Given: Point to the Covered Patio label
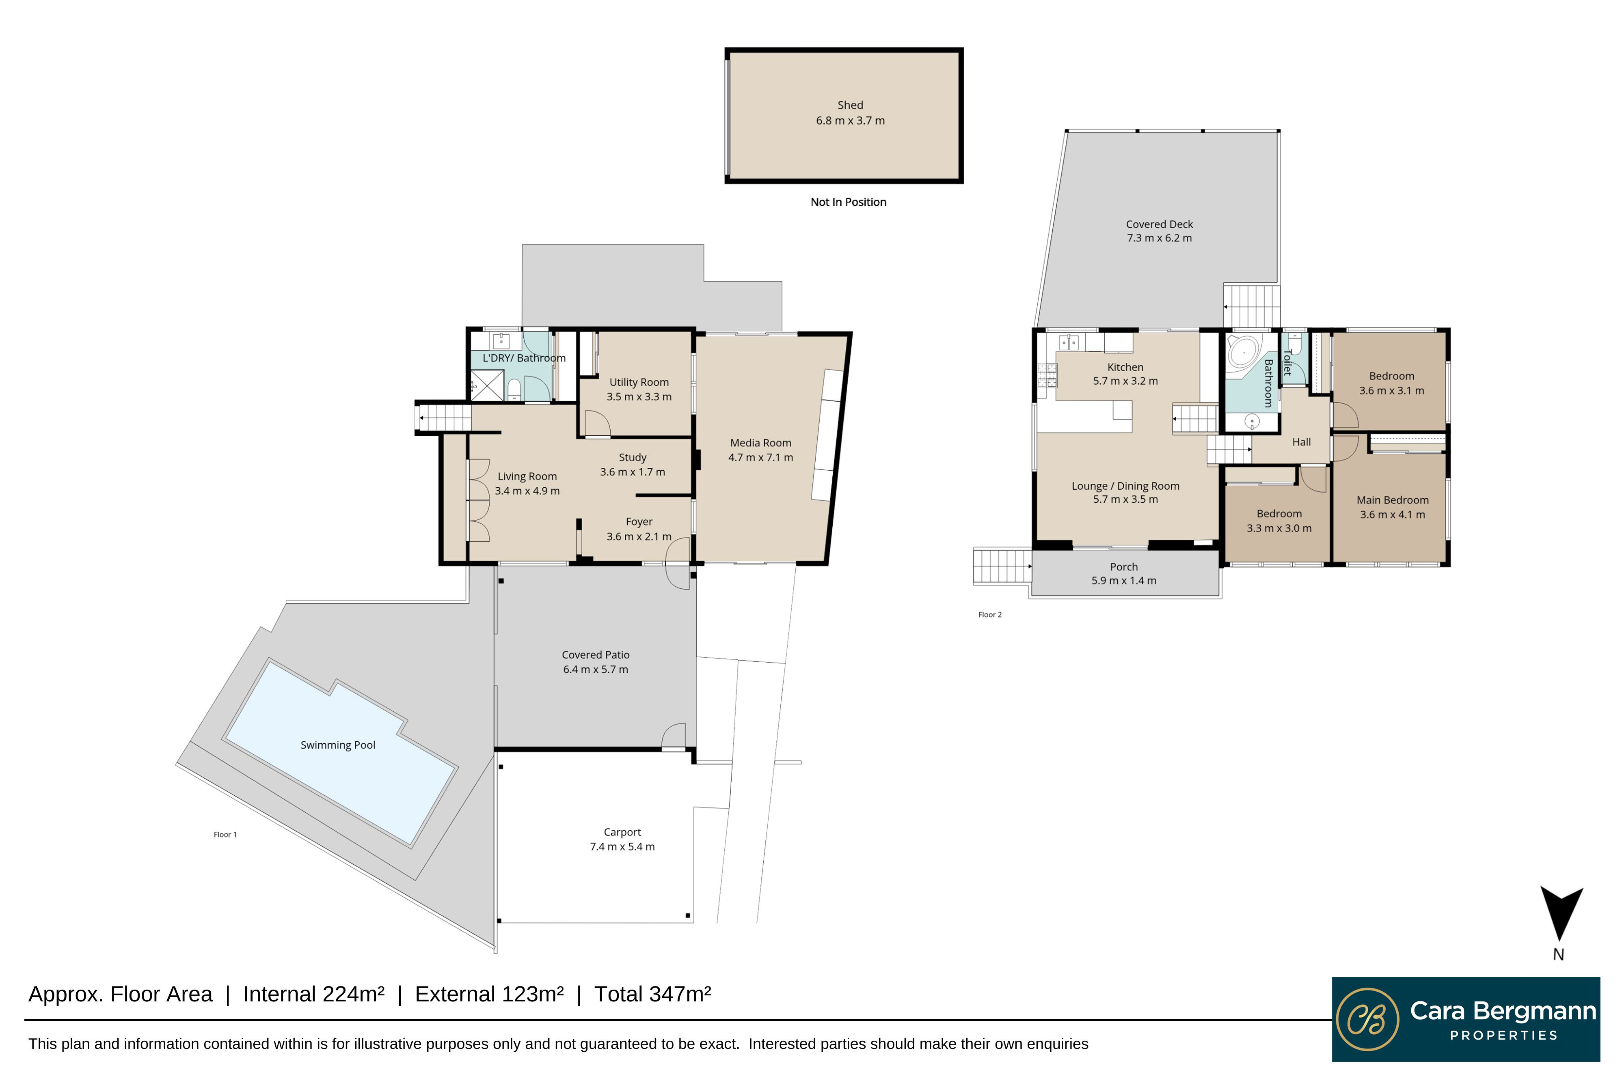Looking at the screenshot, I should click(595, 654).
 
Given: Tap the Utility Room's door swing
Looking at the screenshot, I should click(596, 424).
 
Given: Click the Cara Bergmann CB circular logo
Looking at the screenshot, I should click(1367, 1019).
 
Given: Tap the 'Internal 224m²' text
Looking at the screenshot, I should click(313, 995).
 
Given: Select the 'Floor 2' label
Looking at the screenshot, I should click(989, 614).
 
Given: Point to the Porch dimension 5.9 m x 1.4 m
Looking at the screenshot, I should click(1123, 581).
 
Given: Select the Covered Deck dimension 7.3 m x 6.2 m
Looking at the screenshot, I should click(1158, 238).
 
